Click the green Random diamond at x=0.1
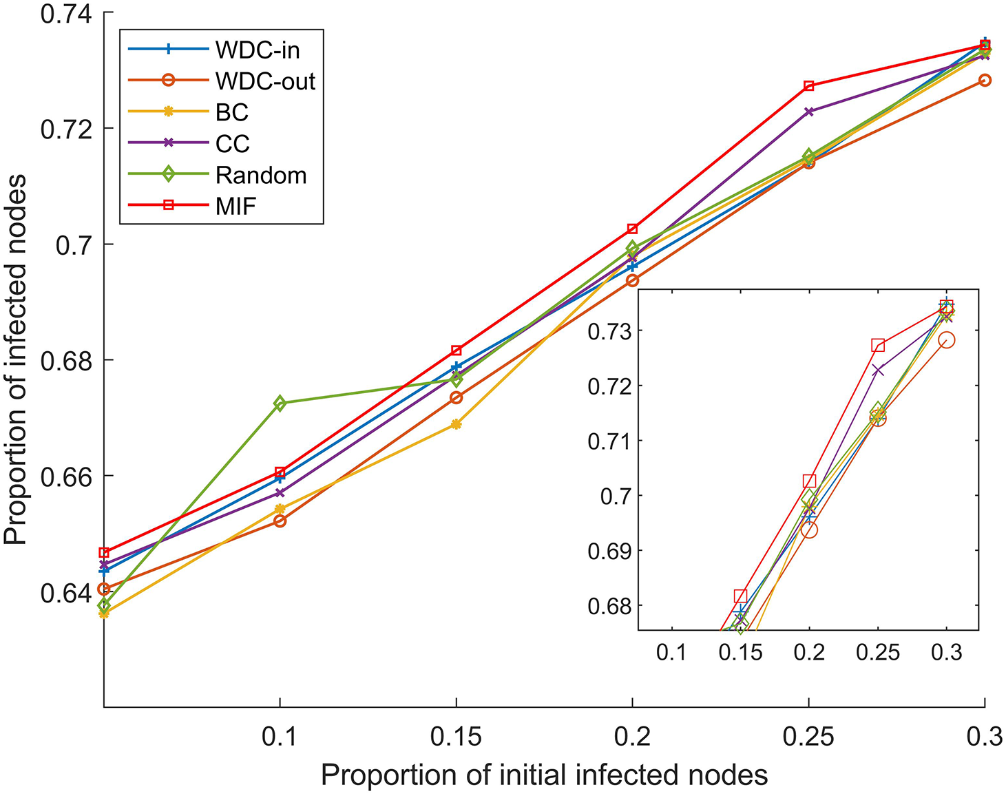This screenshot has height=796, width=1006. pyautogui.click(x=280, y=403)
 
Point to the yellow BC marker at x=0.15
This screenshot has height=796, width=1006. pyautogui.click(x=456, y=424)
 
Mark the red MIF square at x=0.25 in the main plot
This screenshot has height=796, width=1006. pyautogui.click(x=809, y=86)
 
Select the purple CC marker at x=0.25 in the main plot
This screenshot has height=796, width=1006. pyautogui.click(x=809, y=112)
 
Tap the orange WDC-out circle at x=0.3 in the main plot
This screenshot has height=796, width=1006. pyautogui.click(x=985, y=81)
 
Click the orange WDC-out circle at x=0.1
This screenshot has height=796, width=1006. pyautogui.click(x=280, y=521)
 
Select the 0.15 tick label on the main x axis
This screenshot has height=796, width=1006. pyautogui.click(x=456, y=737)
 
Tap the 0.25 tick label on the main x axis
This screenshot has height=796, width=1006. pyautogui.click(x=809, y=737)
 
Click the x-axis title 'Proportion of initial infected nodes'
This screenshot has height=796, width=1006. pyautogui.click(x=544, y=776)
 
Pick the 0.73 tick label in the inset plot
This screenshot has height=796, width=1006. pyautogui.click(x=609, y=331)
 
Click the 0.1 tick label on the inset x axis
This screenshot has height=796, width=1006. pyautogui.click(x=671, y=651)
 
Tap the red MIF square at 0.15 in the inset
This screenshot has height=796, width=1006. pyautogui.click(x=740, y=596)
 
